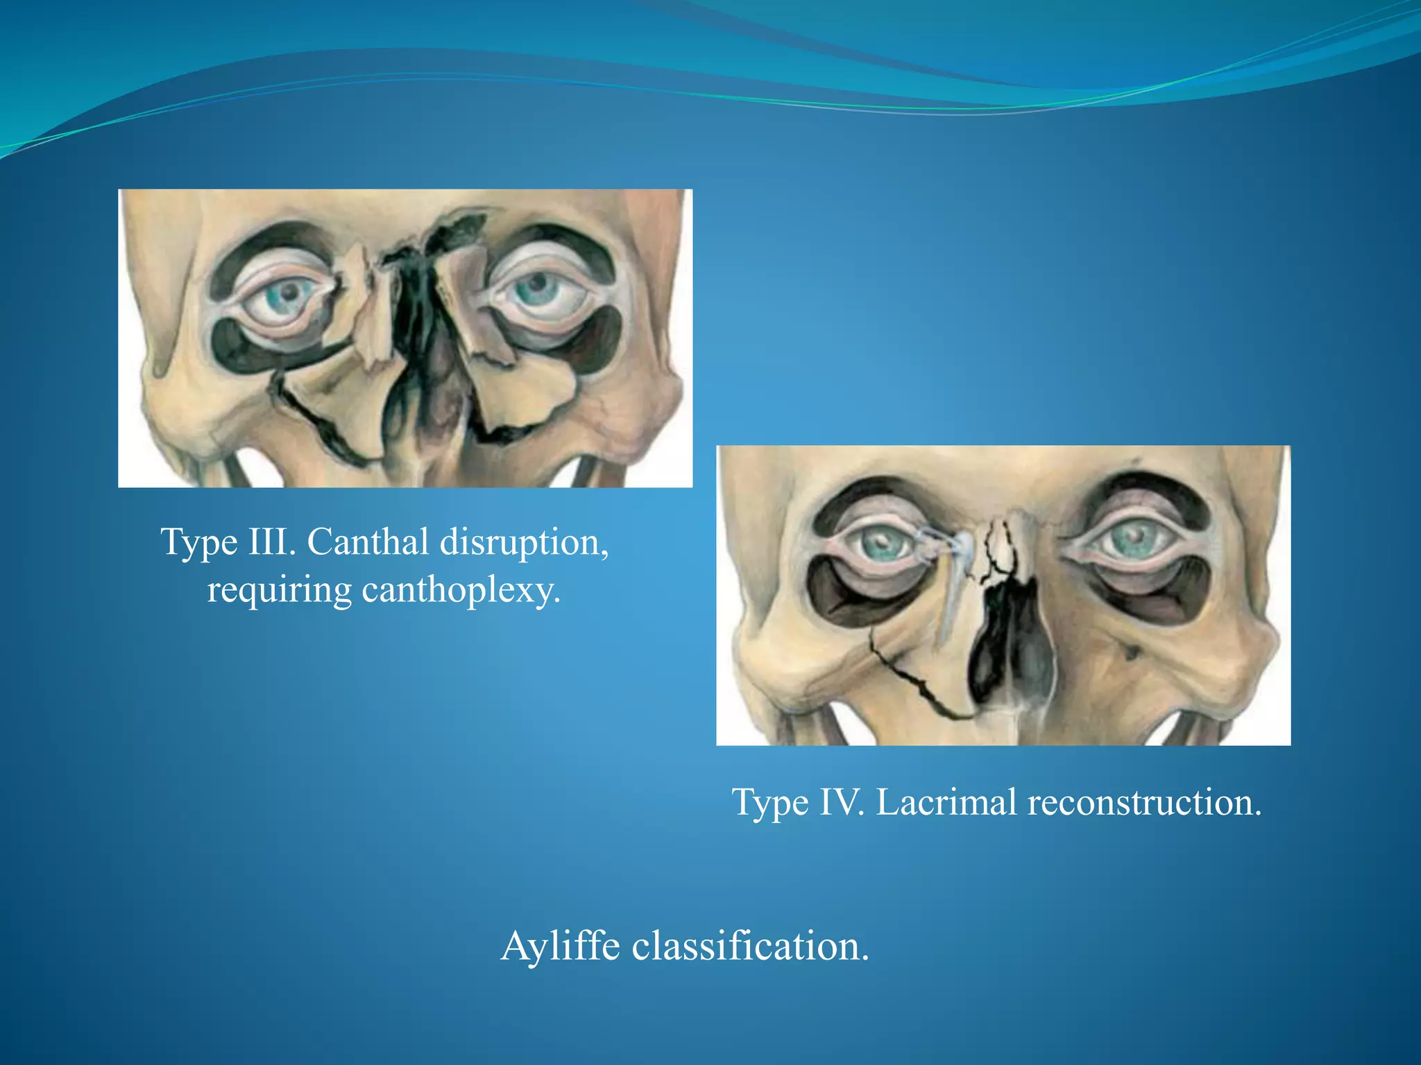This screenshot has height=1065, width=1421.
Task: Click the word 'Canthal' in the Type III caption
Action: [x=367, y=542]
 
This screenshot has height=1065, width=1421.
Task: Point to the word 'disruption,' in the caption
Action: [x=525, y=542]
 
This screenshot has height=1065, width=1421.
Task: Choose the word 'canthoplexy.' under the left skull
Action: [x=461, y=591]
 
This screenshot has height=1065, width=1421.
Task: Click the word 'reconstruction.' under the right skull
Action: [x=1144, y=802]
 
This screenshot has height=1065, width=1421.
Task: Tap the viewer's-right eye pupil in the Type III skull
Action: [x=538, y=284]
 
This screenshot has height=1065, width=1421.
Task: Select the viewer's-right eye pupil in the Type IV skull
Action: [x=1135, y=536]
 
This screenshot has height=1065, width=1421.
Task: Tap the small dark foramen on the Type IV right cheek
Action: [x=1131, y=651]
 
